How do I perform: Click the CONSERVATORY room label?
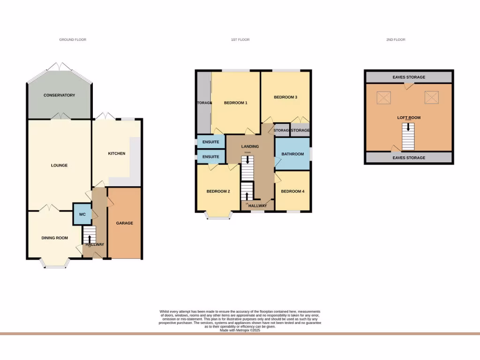click(x=59, y=95)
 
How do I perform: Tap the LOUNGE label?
click(x=59, y=165)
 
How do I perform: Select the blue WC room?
click(x=82, y=214)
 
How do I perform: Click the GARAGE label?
click(x=124, y=223)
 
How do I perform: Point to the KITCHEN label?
click(x=117, y=153)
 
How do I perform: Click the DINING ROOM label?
click(x=55, y=238)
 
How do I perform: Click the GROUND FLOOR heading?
click(x=73, y=40)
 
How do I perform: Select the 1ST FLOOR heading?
click(x=240, y=40)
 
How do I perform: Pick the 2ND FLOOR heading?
click(x=396, y=40)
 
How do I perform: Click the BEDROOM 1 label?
click(x=235, y=103)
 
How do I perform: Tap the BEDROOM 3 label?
click(x=285, y=97)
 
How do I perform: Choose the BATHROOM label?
click(x=292, y=154)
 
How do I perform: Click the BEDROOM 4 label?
click(x=292, y=191)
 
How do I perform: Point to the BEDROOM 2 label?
click(x=218, y=191)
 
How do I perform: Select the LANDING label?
click(x=250, y=146)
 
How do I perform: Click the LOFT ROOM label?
click(x=409, y=118)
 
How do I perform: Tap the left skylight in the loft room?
click(x=384, y=97)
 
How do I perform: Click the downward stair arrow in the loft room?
click(x=409, y=140)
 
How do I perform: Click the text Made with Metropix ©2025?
click(x=240, y=330)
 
